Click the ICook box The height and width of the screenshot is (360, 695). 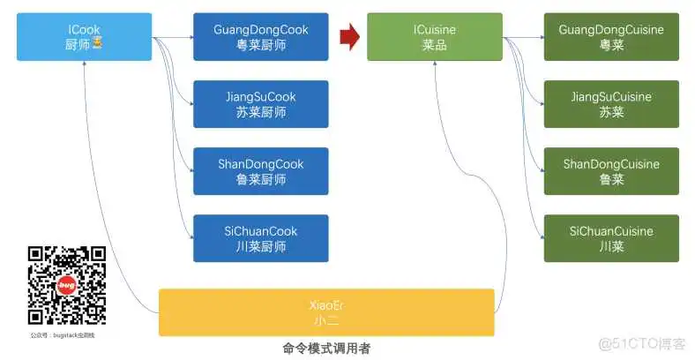click(x=84, y=37)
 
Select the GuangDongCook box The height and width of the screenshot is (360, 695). click(x=261, y=37)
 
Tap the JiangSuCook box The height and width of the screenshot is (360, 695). click(x=261, y=104)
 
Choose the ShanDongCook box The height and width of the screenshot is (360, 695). click(x=261, y=171)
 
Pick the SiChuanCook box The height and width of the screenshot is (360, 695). click(x=261, y=238)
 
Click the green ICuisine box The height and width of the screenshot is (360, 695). click(x=435, y=37)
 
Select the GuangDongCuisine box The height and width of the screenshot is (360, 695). click(x=611, y=37)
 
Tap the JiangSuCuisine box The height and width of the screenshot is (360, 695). click(x=611, y=104)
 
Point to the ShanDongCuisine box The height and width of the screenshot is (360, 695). click(x=611, y=171)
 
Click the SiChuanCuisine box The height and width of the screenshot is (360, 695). click(x=611, y=238)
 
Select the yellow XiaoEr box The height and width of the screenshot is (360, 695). click(x=326, y=312)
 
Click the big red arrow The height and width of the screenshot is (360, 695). click(x=350, y=36)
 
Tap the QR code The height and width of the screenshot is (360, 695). click(x=67, y=285)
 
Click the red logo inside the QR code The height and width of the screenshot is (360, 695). click(x=67, y=286)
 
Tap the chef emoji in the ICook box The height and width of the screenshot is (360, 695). click(x=97, y=44)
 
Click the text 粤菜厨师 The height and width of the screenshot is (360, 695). click(x=261, y=45)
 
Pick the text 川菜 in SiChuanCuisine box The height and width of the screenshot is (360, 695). click(x=611, y=246)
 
